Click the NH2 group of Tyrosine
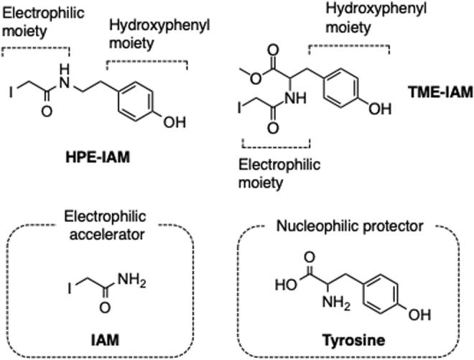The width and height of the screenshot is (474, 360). coord(312,308)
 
